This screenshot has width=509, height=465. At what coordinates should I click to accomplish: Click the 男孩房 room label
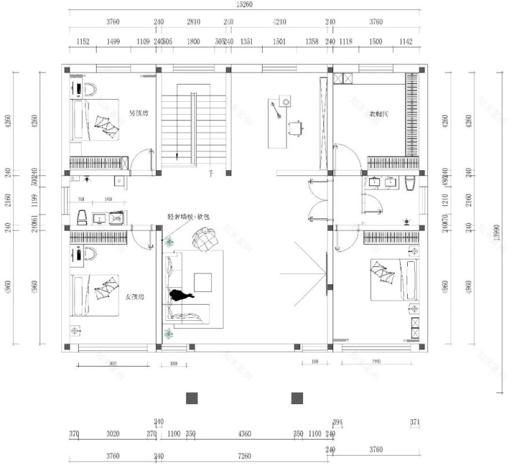tap(138, 113)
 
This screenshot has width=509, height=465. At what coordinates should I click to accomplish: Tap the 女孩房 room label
tap(134, 296)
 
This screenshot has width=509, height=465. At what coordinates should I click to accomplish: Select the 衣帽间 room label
tap(379, 114)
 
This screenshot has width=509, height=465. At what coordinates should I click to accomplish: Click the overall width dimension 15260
tap(244, 4)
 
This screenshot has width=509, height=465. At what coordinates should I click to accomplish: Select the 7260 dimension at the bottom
tap(244, 456)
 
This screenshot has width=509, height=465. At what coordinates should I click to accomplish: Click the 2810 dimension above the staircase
tap(193, 22)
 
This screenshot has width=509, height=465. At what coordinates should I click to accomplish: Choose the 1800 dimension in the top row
tap(193, 41)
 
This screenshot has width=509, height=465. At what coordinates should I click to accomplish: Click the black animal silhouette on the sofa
tap(180, 295)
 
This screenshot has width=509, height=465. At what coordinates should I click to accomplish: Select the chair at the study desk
tap(296, 127)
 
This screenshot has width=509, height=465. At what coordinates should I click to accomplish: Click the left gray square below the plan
tap(192, 398)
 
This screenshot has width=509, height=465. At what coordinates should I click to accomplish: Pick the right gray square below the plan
tap(297, 398)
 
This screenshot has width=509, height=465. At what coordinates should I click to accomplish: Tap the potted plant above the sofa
tap(169, 242)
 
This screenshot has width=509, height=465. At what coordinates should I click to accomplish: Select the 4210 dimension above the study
tap(279, 22)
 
